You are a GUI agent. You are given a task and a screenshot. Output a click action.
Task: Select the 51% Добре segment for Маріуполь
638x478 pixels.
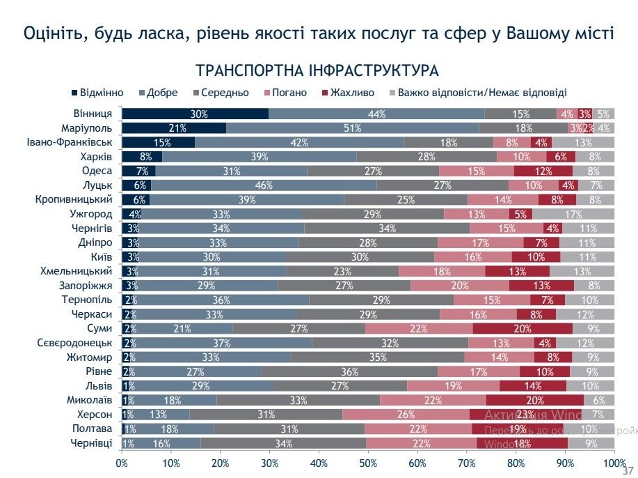point(352,128)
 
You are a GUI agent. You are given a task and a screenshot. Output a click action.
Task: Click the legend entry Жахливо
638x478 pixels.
point(351,93)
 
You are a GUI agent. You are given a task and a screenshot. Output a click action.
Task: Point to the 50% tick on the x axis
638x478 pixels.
point(369,462)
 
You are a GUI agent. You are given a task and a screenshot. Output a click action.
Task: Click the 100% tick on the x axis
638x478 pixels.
point(613,462)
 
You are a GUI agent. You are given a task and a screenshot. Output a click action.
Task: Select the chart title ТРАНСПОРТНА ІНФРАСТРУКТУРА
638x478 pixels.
point(317,71)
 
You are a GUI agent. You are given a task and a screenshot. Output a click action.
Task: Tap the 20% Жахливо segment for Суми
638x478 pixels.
point(523,329)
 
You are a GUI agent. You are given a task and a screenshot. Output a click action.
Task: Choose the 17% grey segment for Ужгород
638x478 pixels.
point(573,215)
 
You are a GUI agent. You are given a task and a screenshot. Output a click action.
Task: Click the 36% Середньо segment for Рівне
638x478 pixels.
point(349,372)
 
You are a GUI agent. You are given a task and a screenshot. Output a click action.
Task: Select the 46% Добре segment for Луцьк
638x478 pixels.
point(264,186)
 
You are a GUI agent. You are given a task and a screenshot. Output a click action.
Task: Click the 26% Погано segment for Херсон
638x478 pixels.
point(406,415)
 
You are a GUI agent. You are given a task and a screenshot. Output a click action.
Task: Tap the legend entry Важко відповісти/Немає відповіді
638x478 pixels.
point(481,93)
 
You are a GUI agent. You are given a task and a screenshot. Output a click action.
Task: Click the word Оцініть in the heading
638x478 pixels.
point(53,33)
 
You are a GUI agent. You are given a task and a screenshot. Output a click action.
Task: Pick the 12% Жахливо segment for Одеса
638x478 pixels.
point(543,171)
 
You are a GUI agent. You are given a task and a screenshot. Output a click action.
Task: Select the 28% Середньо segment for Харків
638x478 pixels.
point(427,157)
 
